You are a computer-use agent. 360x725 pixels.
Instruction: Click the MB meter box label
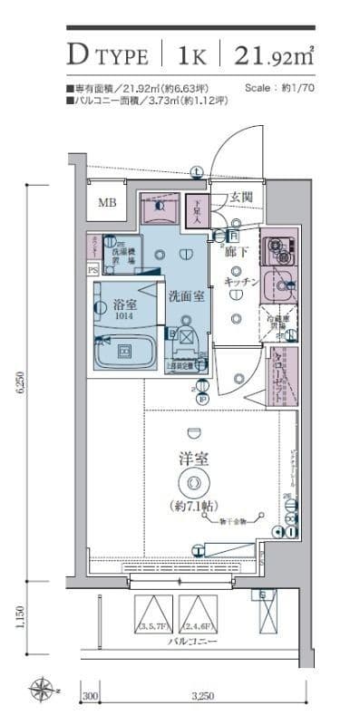(x=108, y=204)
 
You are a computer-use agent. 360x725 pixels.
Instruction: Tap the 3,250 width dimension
(x=203, y=695)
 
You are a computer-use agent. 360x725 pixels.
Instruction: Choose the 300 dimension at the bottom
(x=90, y=695)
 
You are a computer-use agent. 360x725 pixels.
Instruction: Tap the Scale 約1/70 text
(x=279, y=89)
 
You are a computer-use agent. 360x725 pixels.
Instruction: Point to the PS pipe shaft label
(x=92, y=269)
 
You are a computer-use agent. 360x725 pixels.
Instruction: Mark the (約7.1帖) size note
(x=191, y=505)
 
